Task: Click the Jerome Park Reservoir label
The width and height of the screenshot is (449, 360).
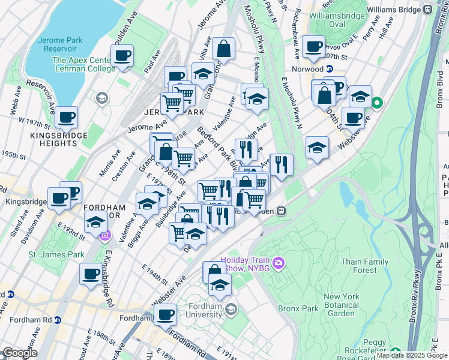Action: coord(63,43)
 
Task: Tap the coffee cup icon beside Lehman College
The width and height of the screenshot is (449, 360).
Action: coord(123,56)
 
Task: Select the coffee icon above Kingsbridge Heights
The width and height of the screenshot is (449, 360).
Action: coord(67,116)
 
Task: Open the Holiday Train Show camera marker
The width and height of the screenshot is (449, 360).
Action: coord(278,263)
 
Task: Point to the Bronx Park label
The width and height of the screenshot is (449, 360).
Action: coord(297,308)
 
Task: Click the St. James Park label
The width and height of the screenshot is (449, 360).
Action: coord(56,254)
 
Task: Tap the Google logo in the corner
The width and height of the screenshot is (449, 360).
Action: coord(19,353)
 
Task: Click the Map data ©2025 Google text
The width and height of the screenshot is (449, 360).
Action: coord(412,355)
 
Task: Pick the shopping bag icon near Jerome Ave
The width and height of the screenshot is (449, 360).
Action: coord(223,49)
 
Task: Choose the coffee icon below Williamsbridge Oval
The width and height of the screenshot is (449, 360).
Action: coord(313,46)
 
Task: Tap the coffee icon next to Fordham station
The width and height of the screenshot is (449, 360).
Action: coord(165,314)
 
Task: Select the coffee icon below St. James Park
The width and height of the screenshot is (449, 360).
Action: coord(91,274)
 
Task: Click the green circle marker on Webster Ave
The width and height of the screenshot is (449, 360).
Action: coord(377,103)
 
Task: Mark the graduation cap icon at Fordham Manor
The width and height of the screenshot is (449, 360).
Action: coord(95,221)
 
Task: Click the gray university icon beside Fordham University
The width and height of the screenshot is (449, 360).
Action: coord(232,308)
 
